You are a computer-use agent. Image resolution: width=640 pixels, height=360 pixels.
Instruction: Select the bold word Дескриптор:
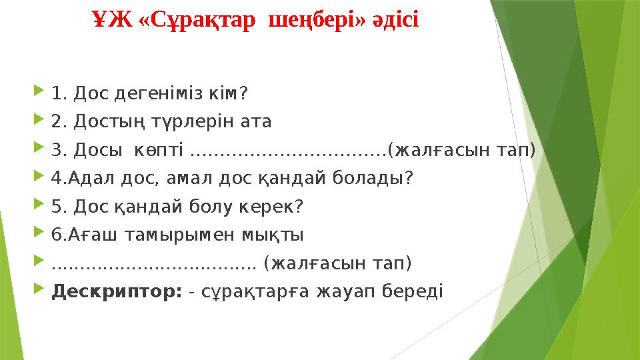click(x=117, y=292)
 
